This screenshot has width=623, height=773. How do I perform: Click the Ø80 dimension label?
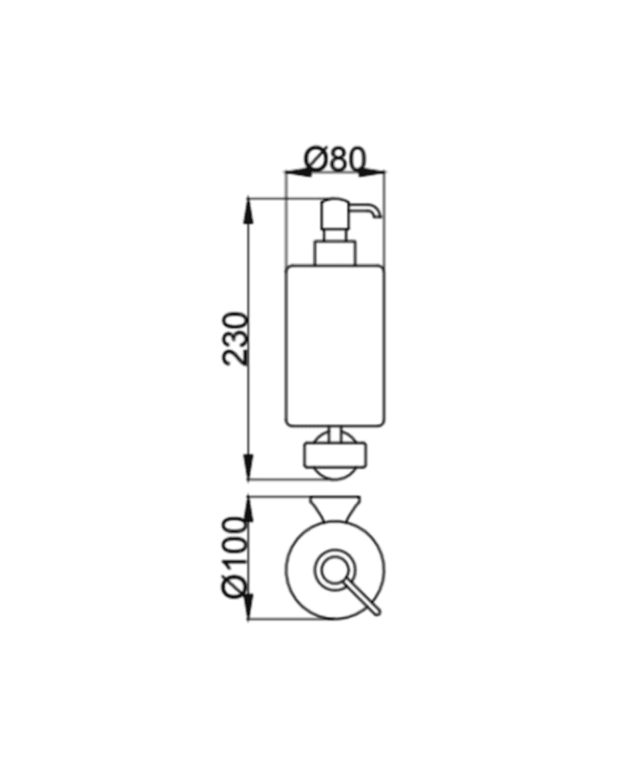[335, 158]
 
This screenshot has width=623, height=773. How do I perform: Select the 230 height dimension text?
[235, 338]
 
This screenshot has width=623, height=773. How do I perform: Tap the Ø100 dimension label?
[235, 557]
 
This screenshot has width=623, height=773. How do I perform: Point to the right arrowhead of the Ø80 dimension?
[371, 172]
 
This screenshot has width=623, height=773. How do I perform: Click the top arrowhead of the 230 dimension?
[249, 212]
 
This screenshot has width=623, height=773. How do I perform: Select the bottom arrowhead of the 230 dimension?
[249, 465]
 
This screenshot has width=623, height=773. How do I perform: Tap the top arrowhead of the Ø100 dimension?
[249, 511]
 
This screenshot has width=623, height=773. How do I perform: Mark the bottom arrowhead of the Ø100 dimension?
[249, 606]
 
